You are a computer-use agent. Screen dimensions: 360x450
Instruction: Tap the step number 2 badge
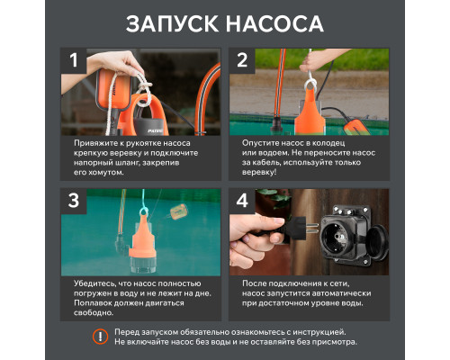point(241,61)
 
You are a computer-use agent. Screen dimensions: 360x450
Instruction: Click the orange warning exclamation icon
point(100,337)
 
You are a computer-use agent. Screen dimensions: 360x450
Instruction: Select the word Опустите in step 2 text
point(263,142)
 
